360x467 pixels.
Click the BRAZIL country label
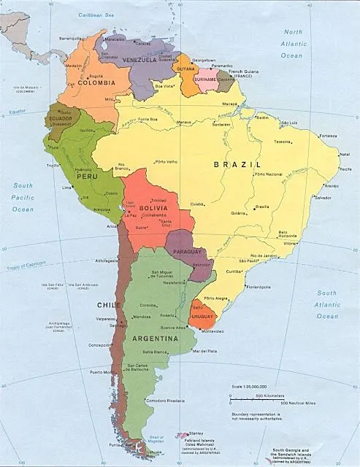pos(233,166)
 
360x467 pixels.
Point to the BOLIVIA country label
pos(152,209)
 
